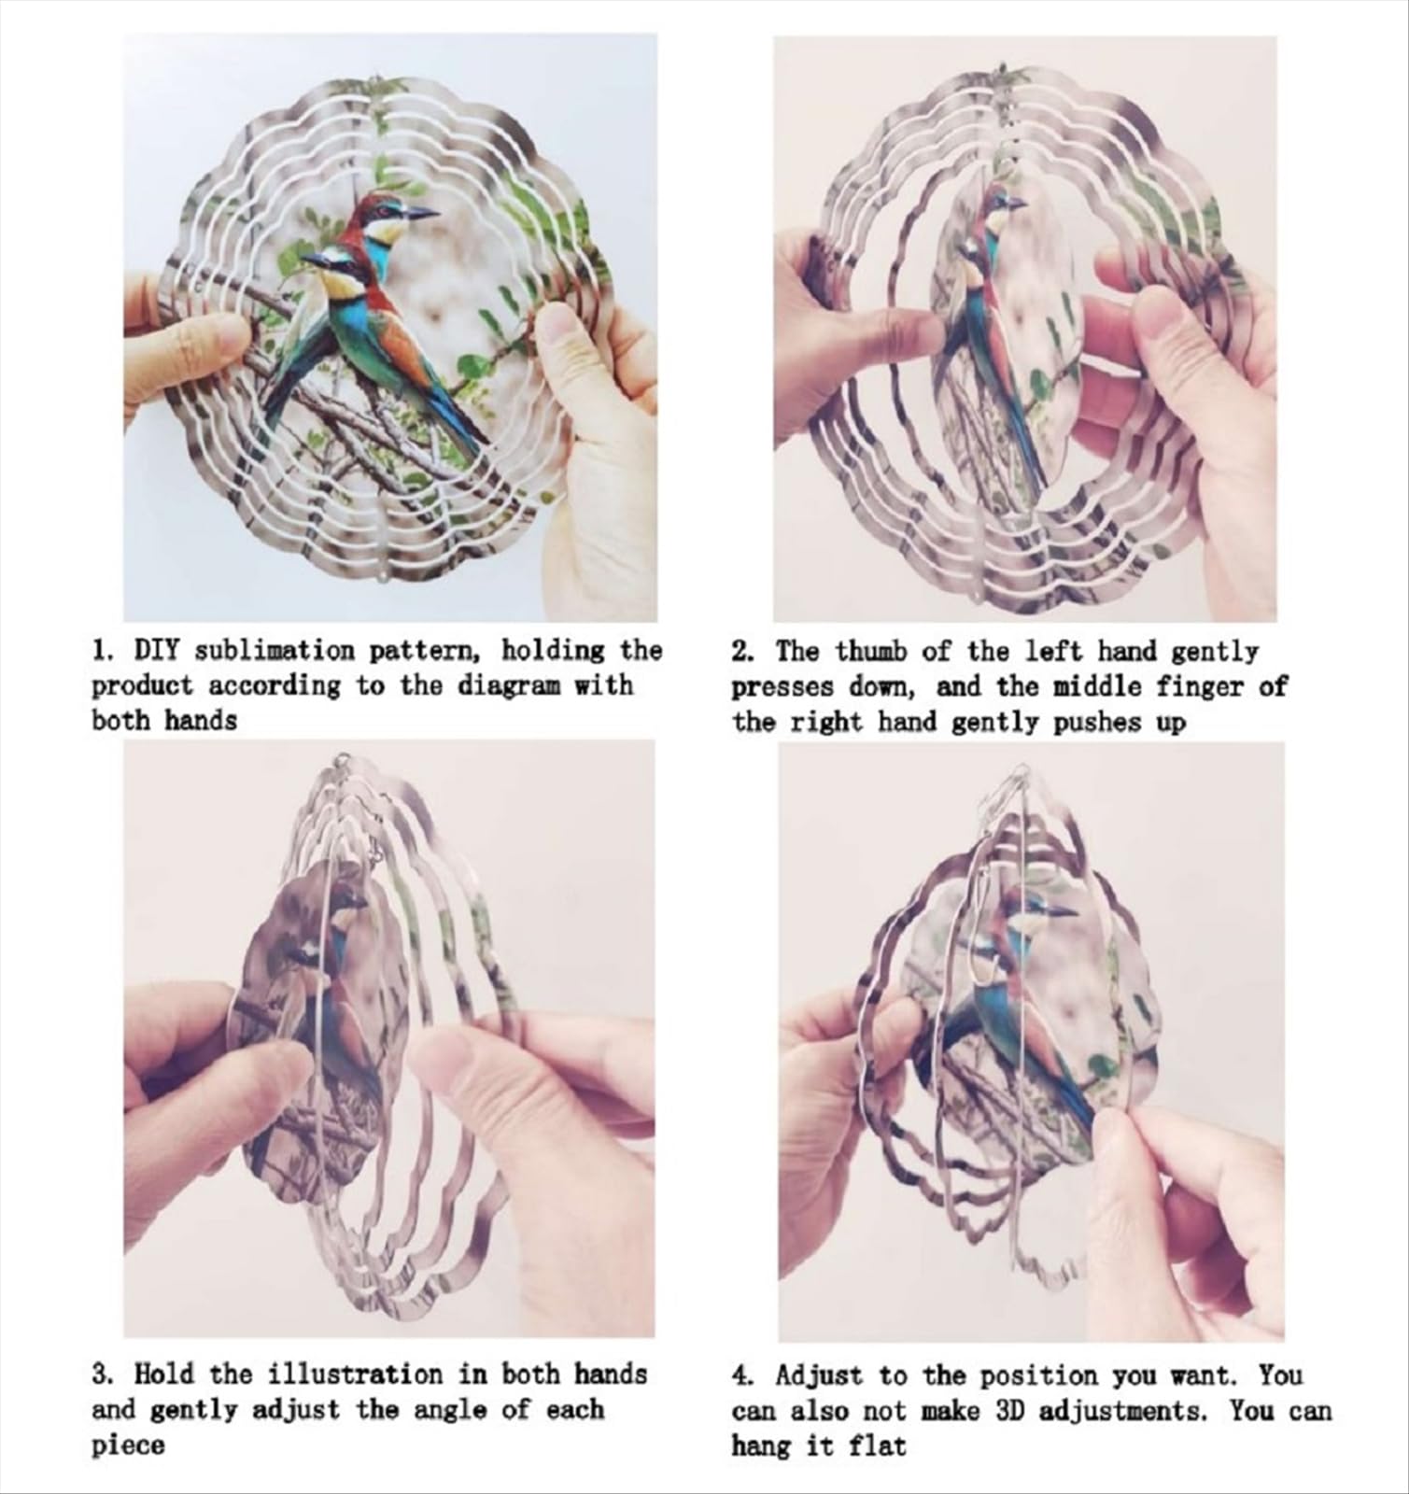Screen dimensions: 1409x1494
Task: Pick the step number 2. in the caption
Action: coord(742,651)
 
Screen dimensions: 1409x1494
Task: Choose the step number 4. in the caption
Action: coord(743,1375)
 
